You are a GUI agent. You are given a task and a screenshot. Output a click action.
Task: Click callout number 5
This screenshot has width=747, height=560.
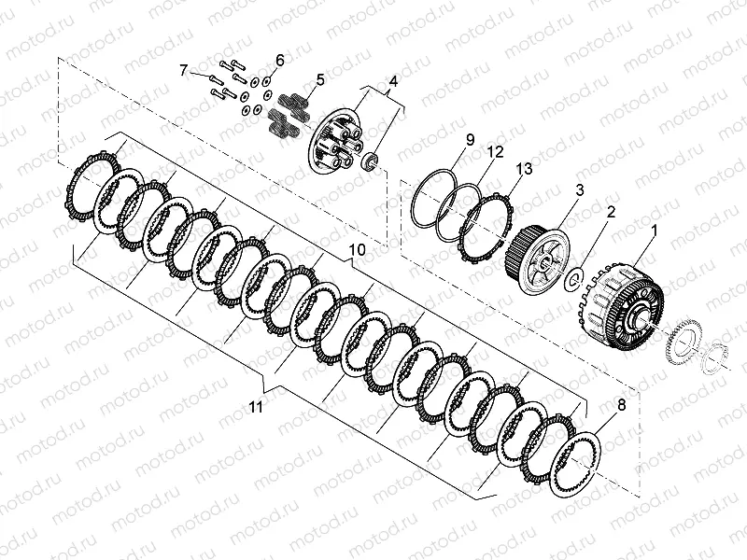click(x=320, y=80)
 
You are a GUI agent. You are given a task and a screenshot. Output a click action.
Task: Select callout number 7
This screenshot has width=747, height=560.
click(x=184, y=70)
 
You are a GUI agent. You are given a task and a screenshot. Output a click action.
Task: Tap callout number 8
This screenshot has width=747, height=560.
click(x=620, y=405)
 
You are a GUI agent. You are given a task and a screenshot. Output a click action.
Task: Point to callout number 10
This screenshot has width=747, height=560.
click(x=356, y=250)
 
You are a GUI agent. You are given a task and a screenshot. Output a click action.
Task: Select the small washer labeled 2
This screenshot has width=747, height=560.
click(x=576, y=278)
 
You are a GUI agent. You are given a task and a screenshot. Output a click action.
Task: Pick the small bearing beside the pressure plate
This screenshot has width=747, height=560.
click(x=372, y=161)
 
